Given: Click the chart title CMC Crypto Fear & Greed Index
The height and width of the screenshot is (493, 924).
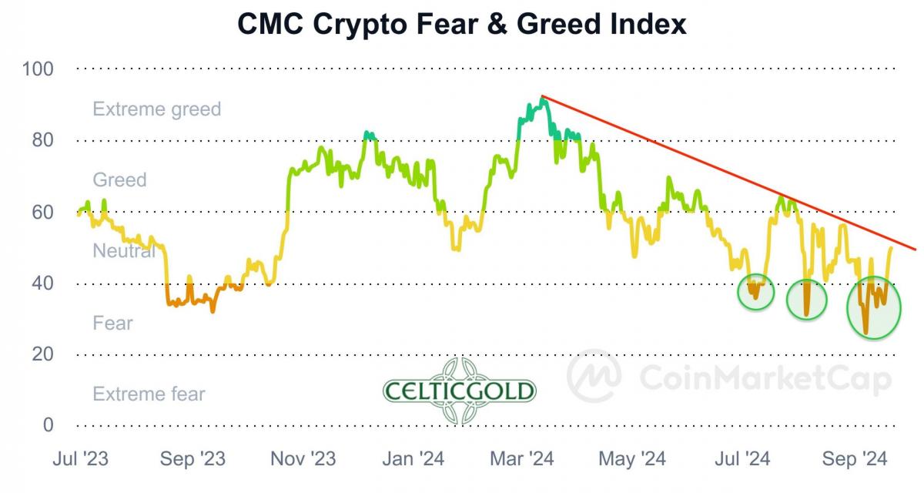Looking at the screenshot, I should [x=461, y=25].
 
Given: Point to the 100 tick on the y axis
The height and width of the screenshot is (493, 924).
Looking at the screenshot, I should [x=38, y=69].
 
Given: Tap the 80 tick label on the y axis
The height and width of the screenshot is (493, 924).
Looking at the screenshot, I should [x=42, y=140].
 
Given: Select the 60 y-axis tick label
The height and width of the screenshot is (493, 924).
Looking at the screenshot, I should [x=42, y=212].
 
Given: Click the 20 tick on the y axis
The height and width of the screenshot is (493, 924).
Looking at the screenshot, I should [x=42, y=354].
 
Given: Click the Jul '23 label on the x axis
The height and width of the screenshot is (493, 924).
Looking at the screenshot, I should [x=80, y=460].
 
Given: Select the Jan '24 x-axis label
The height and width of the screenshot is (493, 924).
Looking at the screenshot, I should [x=414, y=460].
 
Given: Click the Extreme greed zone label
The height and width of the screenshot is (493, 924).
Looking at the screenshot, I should [x=157, y=109].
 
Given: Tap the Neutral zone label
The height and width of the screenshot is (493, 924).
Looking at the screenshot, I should [x=124, y=251].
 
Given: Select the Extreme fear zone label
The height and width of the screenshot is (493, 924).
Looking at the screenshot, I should [x=149, y=394].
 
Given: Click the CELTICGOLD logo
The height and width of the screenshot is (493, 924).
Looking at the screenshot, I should [x=460, y=391].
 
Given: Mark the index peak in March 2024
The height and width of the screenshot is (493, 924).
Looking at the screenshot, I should [x=543, y=98].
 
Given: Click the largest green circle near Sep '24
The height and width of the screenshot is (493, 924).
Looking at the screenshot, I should [x=873, y=308].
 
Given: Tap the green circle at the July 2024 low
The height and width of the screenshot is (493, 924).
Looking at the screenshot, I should [x=755, y=292].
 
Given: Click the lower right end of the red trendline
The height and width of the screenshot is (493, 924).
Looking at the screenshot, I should [x=915, y=249].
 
